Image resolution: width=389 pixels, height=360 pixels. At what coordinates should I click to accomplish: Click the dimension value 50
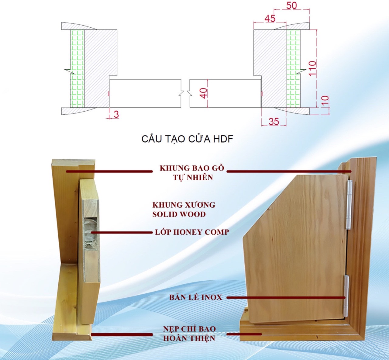pyautogui.click(x=291, y=5)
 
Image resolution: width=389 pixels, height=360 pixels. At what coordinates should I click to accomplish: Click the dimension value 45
pyautogui.click(x=270, y=19)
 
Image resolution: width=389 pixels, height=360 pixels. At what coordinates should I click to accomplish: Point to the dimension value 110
pyautogui.click(x=312, y=68)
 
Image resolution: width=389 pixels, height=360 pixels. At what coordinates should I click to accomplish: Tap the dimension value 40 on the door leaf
pyautogui.click(x=204, y=93)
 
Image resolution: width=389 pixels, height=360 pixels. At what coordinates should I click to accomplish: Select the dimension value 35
pyautogui.click(x=274, y=121)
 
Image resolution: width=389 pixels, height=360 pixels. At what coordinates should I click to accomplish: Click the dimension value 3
pyautogui.click(x=116, y=115)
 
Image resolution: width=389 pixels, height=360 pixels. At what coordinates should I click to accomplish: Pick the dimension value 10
pyautogui.click(x=325, y=101)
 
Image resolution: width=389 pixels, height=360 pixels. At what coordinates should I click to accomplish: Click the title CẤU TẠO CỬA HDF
pyautogui.click(x=187, y=139)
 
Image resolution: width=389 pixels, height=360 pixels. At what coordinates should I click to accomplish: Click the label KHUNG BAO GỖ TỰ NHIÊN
pyautogui.click(x=192, y=172)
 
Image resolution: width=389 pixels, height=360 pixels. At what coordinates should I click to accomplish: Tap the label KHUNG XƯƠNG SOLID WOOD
pyautogui.click(x=184, y=209)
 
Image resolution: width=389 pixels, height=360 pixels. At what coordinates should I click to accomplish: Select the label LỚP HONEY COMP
pyautogui.click(x=192, y=232)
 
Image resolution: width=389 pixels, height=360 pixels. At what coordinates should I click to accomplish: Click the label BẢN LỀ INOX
pyautogui.click(x=196, y=297)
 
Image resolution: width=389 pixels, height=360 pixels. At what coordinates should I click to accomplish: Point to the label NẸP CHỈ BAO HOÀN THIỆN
pyautogui.click(x=189, y=333)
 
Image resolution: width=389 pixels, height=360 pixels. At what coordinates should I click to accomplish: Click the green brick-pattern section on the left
pyautogui.click(x=77, y=68)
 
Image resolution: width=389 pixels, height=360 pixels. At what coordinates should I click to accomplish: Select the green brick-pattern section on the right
pyautogui.click(x=293, y=68)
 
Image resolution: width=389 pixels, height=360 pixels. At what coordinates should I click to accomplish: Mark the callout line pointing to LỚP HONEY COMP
pyautogui.click(x=122, y=233)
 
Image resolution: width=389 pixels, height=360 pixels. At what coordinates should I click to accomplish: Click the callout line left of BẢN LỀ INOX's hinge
pyautogui.click(x=286, y=298)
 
